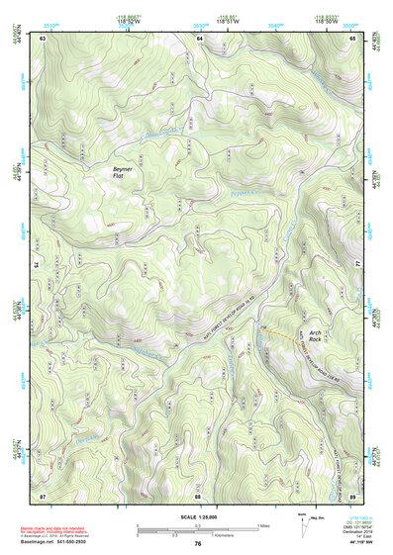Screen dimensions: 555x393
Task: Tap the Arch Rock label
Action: click(x=315, y=335)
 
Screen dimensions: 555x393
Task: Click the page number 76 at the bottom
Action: click(x=198, y=544)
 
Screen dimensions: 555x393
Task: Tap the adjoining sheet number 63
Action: click(x=44, y=38)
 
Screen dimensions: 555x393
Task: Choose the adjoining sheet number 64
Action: click(x=198, y=38)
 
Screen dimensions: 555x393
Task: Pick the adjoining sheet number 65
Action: click(x=353, y=38)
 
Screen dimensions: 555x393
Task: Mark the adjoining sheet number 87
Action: click(x=44, y=495)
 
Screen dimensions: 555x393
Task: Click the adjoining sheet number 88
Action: click(x=198, y=495)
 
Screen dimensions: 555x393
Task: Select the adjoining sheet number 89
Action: click(x=353, y=495)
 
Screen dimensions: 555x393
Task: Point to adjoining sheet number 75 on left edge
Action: click(x=37, y=266)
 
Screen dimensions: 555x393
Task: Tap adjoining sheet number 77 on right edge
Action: click(x=359, y=266)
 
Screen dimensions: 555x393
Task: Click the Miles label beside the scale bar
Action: click(x=264, y=524)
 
